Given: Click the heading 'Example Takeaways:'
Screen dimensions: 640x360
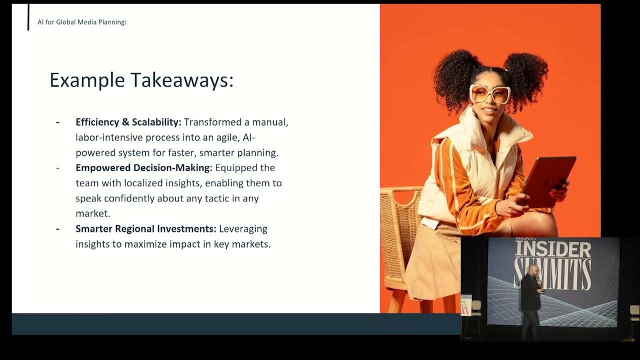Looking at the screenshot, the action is pyautogui.click(x=141, y=80).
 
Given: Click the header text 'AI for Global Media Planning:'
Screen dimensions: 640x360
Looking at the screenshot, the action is pyautogui.click(x=82, y=22).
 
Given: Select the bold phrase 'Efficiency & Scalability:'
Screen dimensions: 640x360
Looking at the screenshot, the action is pyautogui.click(x=128, y=122).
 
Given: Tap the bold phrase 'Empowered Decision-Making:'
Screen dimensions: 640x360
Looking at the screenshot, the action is pyautogui.click(x=144, y=167).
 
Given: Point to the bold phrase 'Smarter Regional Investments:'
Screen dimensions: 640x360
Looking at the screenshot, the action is pyautogui.click(x=146, y=228).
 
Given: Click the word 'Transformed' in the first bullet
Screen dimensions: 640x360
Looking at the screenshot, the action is pyautogui.click(x=213, y=122).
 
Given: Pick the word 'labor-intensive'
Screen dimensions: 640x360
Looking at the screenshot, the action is pyautogui.click(x=109, y=137).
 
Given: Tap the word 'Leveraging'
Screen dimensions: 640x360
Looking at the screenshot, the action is pyautogui.click(x=243, y=229).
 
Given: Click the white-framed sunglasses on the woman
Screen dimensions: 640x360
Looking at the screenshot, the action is pyautogui.click(x=490, y=93).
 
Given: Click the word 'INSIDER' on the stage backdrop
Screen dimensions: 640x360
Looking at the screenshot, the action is pyautogui.click(x=553, y=249).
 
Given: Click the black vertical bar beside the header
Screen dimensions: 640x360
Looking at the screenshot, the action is pyautogui.click(x=28, y=17).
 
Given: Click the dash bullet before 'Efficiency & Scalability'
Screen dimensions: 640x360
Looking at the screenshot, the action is pyautogui.click(x=57, y=123).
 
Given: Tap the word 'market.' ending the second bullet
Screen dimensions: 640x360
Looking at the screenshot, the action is pyautogui.click(x=93, y=213).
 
